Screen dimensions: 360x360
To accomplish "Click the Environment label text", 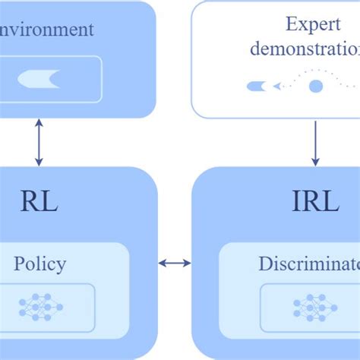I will [46, 30].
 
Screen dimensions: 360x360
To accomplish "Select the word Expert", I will [313, 24].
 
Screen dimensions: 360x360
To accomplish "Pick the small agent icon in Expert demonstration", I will [257, 87].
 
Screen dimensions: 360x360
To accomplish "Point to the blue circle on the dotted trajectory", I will [315, 86].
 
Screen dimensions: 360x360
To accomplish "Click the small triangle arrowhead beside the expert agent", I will [277, 87].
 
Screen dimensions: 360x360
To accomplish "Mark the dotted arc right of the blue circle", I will [342, 76].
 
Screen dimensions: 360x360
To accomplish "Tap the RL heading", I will [39, 202].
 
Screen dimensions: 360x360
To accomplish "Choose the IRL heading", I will [315, 202].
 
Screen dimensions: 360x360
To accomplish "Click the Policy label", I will [40, 264].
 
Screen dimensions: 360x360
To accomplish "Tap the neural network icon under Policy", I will [41, 307].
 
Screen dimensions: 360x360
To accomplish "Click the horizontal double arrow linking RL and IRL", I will [175, 264].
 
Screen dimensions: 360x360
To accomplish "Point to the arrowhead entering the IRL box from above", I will [316, 162].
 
